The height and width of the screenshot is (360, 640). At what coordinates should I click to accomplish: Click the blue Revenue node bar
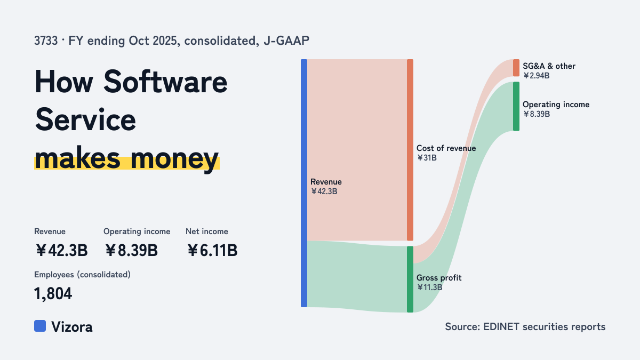coord(304,183)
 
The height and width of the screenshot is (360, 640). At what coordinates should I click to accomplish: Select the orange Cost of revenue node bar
coord(410,150)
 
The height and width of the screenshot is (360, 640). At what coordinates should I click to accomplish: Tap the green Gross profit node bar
coord(410,279)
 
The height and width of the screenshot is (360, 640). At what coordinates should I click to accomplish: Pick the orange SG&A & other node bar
coord(516,68)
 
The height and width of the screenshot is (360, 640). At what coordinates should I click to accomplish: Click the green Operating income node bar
coord(516,106)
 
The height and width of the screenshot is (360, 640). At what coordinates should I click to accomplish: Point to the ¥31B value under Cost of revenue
coord(427,158)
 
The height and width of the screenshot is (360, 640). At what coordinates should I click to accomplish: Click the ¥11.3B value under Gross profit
coord(429,287)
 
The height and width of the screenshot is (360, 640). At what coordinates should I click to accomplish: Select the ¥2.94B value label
coord(536,75)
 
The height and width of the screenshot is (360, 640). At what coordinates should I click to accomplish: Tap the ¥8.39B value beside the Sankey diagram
coord(537,114)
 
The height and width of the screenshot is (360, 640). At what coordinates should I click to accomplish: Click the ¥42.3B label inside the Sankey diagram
coord(324,191)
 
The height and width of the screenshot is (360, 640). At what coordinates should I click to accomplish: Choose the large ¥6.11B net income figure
coord(212,250)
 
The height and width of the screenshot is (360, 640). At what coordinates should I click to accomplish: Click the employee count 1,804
coord(53,294)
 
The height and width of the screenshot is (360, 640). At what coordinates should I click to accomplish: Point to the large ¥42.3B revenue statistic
coord(61,250)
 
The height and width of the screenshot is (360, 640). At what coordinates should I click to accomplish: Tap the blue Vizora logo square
coord(40,326)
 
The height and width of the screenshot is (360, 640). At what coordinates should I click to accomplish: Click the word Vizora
coord(72,327)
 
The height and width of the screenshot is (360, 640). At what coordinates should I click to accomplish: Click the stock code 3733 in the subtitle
coord(46,41)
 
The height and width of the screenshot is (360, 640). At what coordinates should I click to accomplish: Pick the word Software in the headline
coord(165,82)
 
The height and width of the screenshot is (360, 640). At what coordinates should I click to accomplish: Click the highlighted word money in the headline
coord(174,158)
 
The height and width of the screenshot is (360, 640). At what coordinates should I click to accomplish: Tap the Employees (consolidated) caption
coord(82,275)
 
